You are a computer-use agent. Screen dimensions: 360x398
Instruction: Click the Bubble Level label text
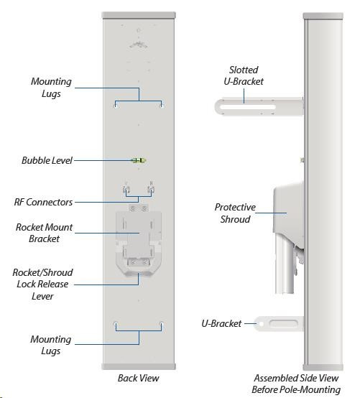(47, 160)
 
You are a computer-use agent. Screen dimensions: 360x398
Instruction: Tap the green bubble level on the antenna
(139, 160)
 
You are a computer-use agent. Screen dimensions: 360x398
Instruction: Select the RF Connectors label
(43, 202)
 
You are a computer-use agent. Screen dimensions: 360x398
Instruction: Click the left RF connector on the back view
(126, 189)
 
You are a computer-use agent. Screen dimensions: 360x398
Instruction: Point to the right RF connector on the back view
(152, 189)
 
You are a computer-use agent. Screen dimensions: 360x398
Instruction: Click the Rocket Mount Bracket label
(44, 233)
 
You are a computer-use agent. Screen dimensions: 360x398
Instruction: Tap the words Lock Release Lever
(42, 290)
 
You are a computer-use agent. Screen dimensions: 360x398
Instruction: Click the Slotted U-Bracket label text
(244, 75)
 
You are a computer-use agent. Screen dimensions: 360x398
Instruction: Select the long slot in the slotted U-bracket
(248, 107)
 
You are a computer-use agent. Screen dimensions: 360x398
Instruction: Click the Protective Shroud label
(235, 213)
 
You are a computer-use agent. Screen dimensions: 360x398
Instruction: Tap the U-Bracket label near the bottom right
(221, 323)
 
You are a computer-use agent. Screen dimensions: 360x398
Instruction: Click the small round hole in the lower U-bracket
(262, 324)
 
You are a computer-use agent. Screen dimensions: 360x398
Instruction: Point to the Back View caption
(139, 378)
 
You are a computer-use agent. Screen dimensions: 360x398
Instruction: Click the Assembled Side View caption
(296, 378)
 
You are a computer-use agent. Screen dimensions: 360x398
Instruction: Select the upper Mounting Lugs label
(51, 88)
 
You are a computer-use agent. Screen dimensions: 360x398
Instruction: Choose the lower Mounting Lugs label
(51, 345)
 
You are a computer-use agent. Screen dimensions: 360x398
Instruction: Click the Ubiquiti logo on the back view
(139, 45)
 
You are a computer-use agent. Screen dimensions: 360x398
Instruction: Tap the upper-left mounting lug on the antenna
(116, 105)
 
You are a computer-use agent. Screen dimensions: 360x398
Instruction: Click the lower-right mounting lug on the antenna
(161, 325)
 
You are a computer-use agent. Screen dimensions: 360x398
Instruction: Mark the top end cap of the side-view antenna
(323, 16)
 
